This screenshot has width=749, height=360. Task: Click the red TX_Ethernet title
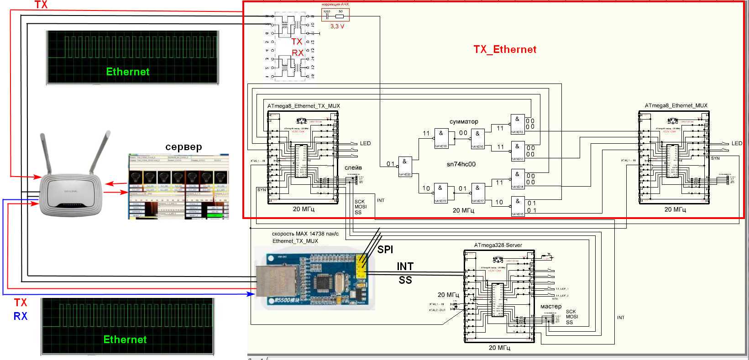pos(505,50)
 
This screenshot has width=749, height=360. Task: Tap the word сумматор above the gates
pos(464,121)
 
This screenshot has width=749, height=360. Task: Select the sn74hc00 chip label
pos(461,164)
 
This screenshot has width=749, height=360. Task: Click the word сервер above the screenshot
pos(183,147)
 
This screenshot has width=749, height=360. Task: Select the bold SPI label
pos(385,250)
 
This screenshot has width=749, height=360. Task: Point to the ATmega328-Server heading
pos(499,245)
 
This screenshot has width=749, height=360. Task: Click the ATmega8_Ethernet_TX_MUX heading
pos(304,106)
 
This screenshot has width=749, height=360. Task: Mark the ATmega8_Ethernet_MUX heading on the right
pos(676,105)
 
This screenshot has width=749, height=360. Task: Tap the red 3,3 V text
pos(337,26)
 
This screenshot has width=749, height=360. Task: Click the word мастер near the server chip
pos(551,306)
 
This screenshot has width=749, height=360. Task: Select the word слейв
pos(353,168)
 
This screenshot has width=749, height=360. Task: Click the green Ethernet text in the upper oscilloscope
pos(128,72)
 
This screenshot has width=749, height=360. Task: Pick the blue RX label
pos(21,316)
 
